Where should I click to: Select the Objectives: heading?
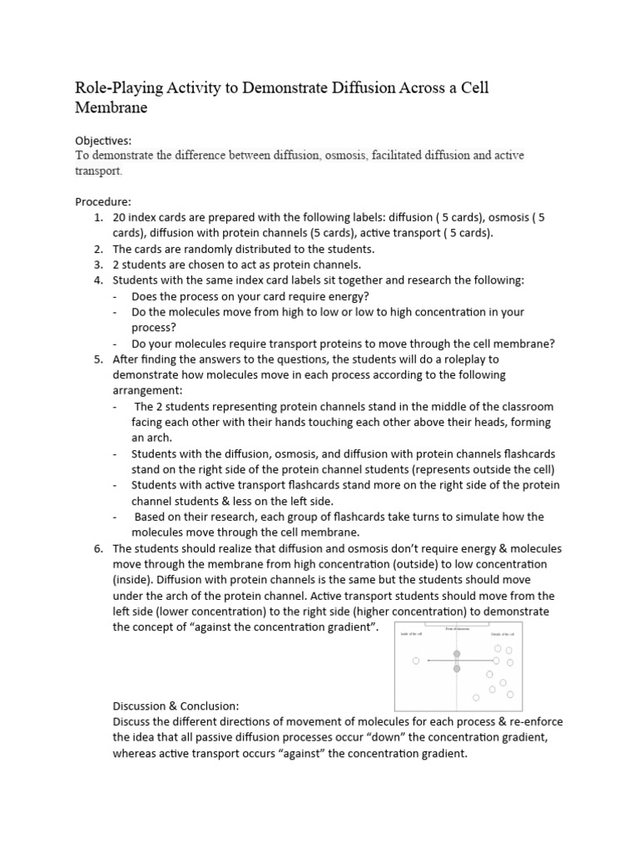[x=103, y=141]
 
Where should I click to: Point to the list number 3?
[x=97, y=265]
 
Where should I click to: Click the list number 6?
[x=97, y=548]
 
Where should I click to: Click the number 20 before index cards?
[x=120, y=218]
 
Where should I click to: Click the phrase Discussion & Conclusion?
[x=176, y=705]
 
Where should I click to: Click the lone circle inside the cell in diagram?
[x=415, y=661]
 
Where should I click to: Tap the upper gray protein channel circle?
[x=456, y=655]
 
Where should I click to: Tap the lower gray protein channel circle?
[x=456, y=668]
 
